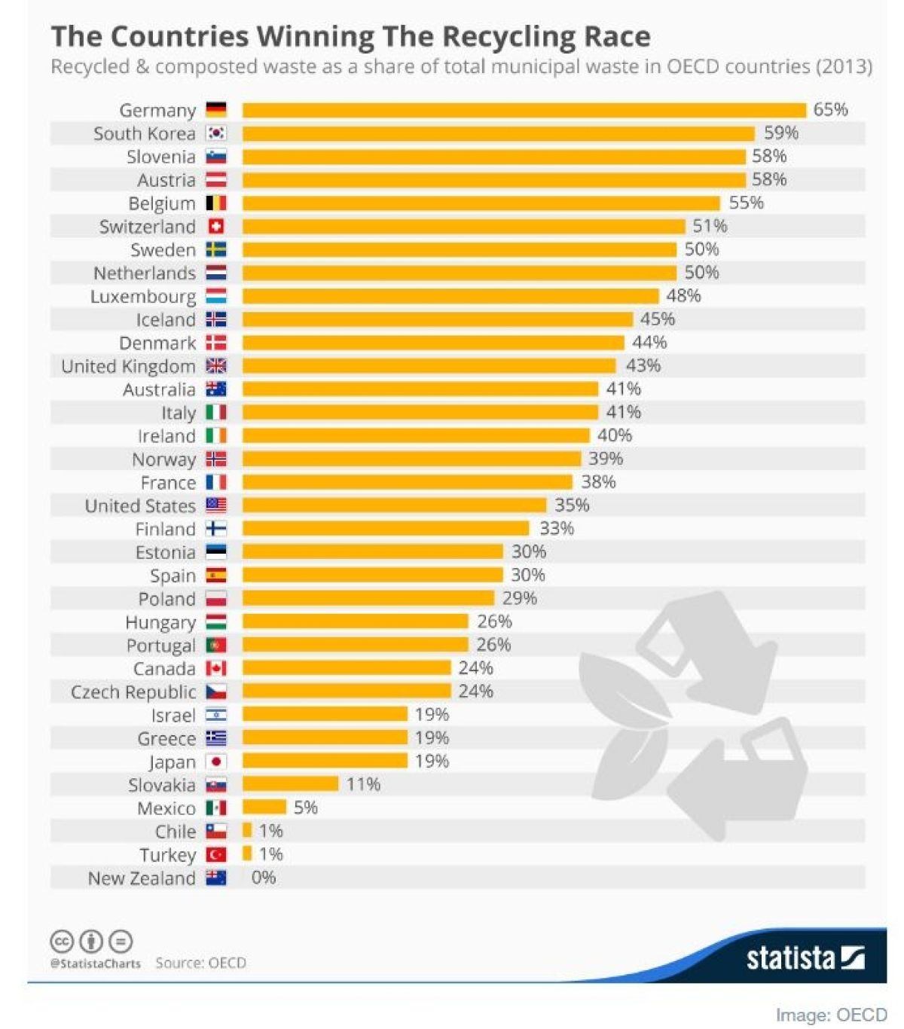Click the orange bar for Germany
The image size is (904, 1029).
[524, 110]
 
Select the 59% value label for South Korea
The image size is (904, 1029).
[780, 133]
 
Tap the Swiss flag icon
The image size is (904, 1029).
[216, 227]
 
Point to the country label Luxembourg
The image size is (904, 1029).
[142, 297]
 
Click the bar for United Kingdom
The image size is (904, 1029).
[429, 366]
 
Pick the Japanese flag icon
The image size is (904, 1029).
[216, 762]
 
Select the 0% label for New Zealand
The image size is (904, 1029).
[264, 878]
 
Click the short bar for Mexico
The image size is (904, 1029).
[264, 808]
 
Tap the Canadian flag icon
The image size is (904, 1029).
[216, 668]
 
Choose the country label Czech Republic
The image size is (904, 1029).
[133, 692]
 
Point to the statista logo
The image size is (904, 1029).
[805, 957]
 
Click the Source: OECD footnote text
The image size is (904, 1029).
[200, 963]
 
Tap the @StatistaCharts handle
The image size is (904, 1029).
[96, 963]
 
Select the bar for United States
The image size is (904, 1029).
[394, 505]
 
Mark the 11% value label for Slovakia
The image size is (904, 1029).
[363, 784]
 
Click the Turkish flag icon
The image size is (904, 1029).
[216, 855]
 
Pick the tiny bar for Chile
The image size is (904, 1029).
[247, 831]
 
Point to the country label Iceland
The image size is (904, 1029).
[166, 320]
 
